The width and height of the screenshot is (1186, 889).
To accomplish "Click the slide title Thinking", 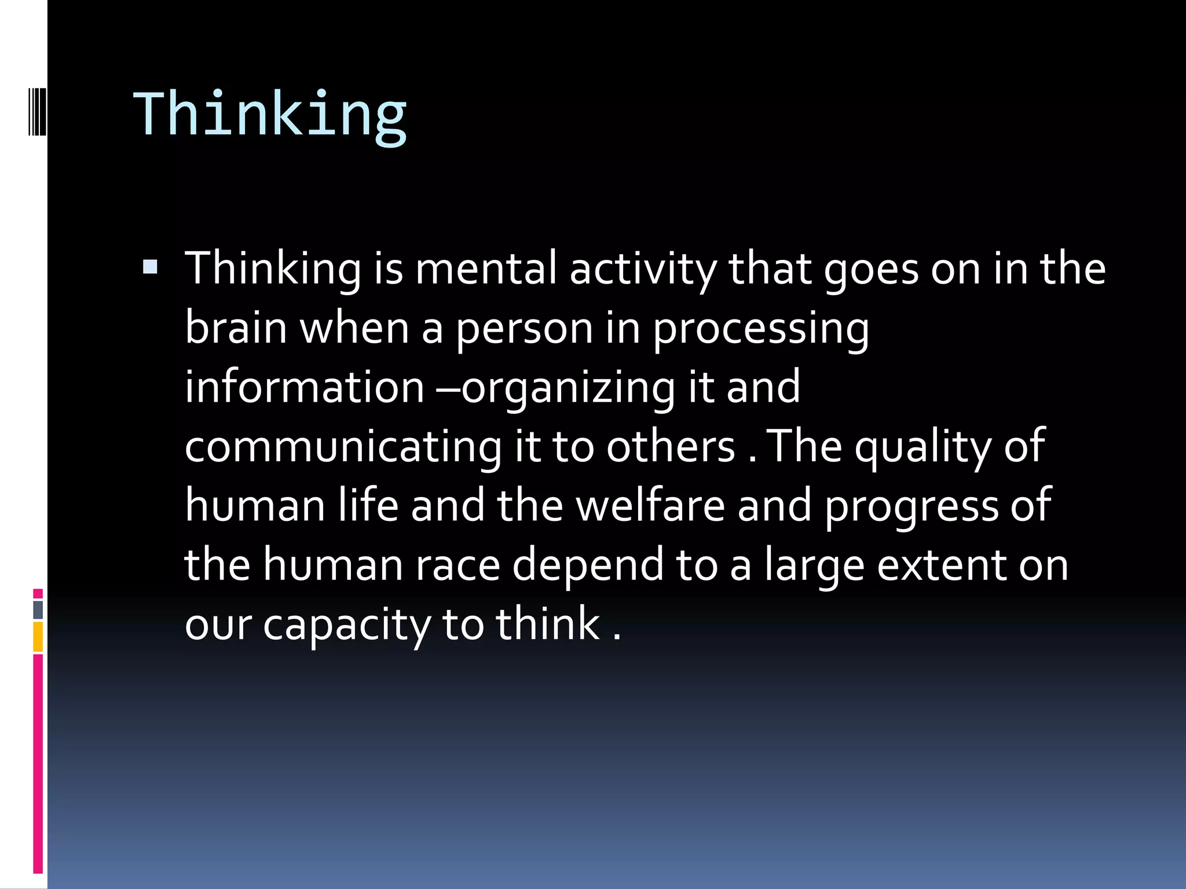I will coord(270,114).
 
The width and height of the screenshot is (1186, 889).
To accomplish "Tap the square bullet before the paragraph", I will coord(150,267).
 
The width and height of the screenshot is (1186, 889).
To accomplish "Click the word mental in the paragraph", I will coord(486,269).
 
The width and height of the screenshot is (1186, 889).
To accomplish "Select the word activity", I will coord(643,270).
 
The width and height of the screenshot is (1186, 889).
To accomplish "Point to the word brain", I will coord(236,328).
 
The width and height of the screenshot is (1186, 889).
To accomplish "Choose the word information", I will coord(305,387).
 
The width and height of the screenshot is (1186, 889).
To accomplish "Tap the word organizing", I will coord(568,388).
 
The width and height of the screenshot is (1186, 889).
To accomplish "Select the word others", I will coord(671,447).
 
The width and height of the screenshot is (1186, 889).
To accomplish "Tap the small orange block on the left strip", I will coord(38,637).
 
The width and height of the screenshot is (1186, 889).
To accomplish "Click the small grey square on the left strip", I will coord(38,609).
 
